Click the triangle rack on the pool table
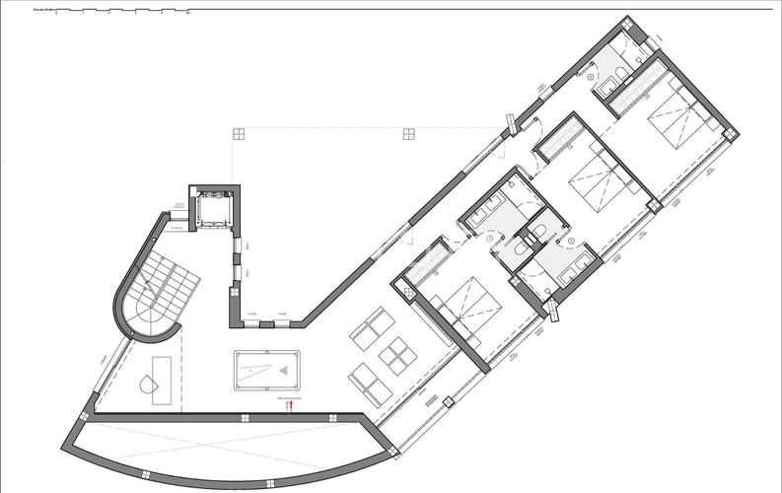285,371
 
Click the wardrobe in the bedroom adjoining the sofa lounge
427,259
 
